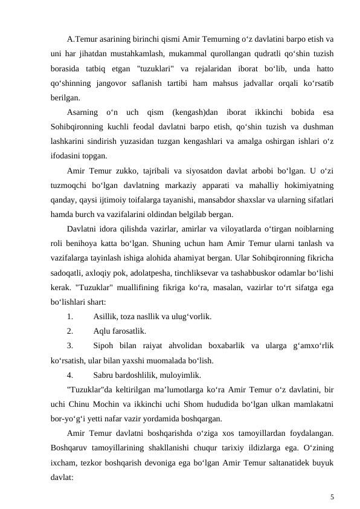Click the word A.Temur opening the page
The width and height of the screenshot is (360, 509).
[x=84, y=40]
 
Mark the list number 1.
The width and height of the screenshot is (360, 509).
[x=71, y=316]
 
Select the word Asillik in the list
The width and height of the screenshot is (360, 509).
[x=106, y=316]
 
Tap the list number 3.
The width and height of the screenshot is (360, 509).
[x=71, y=346]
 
